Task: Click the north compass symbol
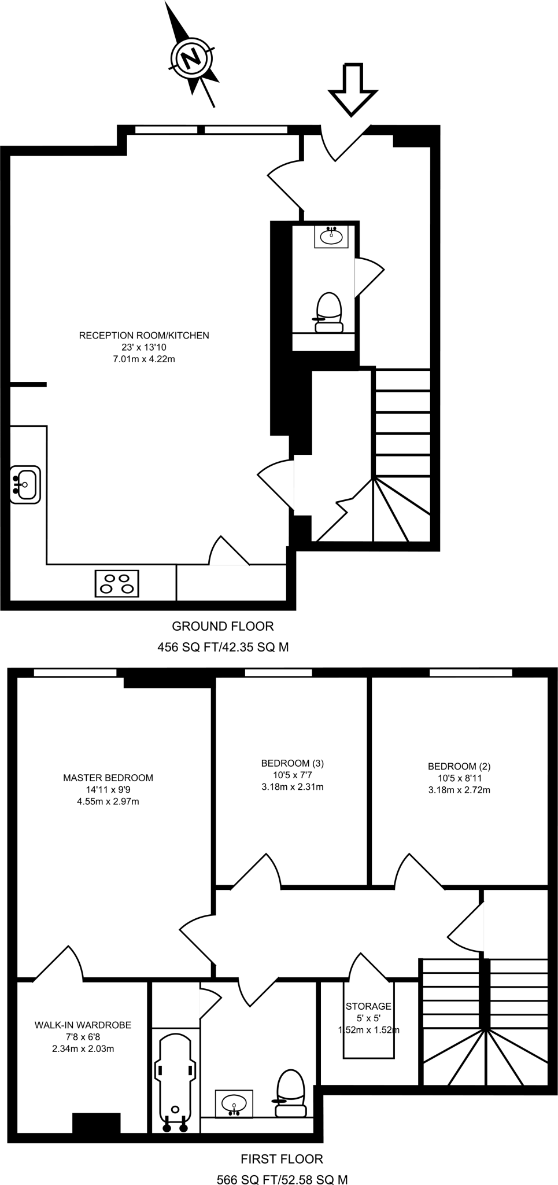(191, 57)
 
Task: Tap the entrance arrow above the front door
(353, 88)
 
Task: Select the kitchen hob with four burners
(117, 583)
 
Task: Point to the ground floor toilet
(329, 312)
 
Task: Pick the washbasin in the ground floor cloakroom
(331, 237)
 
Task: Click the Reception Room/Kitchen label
(144, 336)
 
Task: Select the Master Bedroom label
(108, 778)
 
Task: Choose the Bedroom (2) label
(459, 766)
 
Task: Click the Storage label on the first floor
(368, 1006)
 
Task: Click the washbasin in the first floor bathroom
(234, 1102)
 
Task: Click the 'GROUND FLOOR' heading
(223, 626)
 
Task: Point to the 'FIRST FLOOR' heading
(282, 1158)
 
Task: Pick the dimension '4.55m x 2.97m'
(108, 801)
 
